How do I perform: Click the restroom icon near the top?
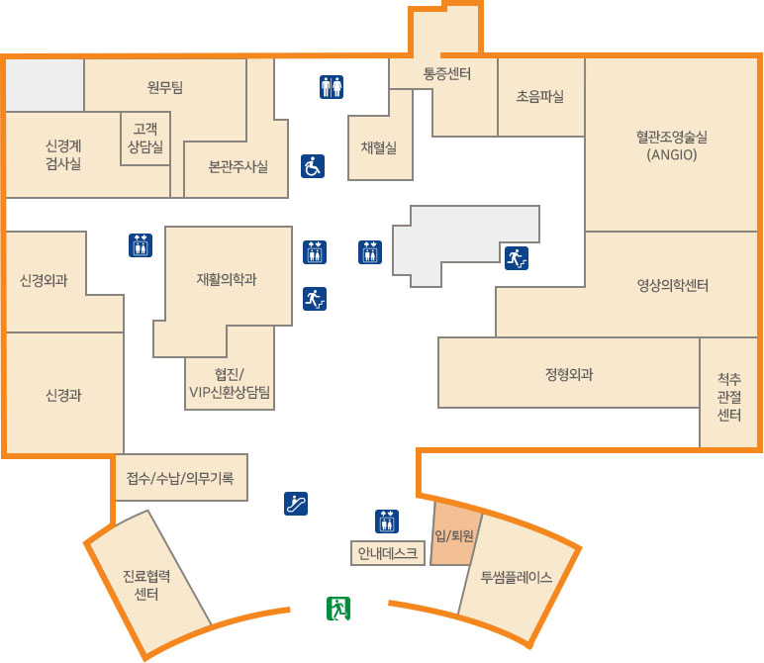(x=332, y=87)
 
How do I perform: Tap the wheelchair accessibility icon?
(x=313, y=166)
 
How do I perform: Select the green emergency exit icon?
(x=338, y=609)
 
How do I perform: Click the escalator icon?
(x=296, y=504)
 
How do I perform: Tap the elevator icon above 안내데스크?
(x=387, y=521)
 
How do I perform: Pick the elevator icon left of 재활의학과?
(x=141, y=245)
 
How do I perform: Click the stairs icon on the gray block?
(x=517, y=258)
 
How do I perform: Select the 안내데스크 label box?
(x=388, y=553)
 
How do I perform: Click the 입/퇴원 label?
(x=454, y=536)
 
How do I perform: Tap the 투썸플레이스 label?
(x=517, y=577)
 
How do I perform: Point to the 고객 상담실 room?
(x=145, y=139)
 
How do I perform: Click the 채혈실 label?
(x=379, y=147)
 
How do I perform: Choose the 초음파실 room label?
(x=540, y=96)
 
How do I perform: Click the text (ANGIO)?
(x=672, y=155)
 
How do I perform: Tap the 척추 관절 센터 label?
(x=729, y=397)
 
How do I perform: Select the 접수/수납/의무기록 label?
(x=180, y=478)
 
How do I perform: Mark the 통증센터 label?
(x=447, y=73)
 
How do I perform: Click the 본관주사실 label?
(x=239, y=166)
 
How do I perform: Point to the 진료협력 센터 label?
(x=146, y=585)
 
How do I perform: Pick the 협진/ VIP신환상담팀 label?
(x=230, y=383)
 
